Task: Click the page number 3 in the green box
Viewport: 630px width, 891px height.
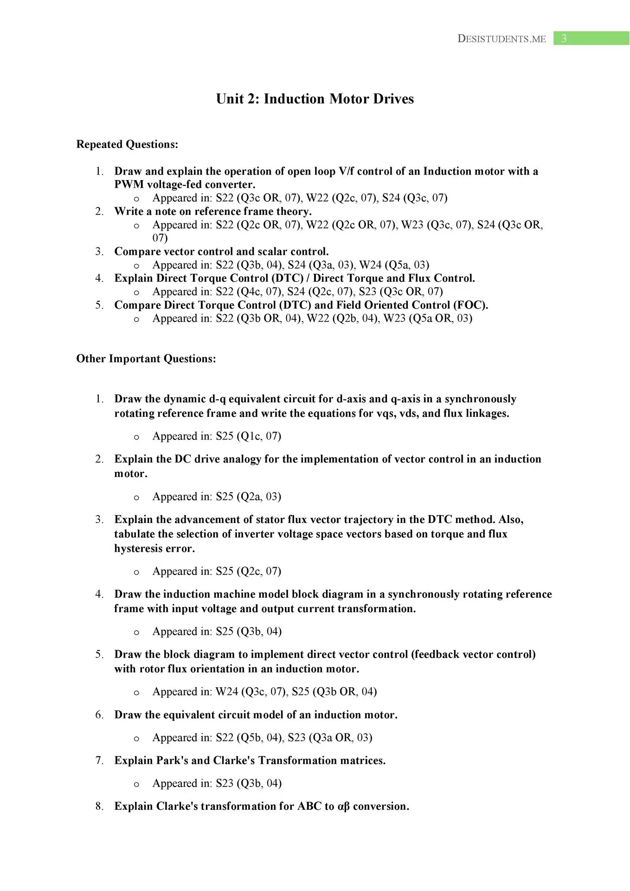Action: pos(564,39)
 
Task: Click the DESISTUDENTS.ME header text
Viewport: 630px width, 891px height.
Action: pos(501,39)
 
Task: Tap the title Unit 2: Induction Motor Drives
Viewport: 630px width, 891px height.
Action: pos(315,99)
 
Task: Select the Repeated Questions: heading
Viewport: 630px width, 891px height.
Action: pos(127,144)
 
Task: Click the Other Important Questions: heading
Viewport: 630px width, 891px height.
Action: pos(146,359)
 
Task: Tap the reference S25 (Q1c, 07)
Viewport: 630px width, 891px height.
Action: pos(248,436)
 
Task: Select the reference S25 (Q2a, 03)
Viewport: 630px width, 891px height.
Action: pos(248,497)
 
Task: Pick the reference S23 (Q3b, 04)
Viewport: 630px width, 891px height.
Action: pos(249,783)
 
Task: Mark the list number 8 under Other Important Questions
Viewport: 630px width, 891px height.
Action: pos(99,807)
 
